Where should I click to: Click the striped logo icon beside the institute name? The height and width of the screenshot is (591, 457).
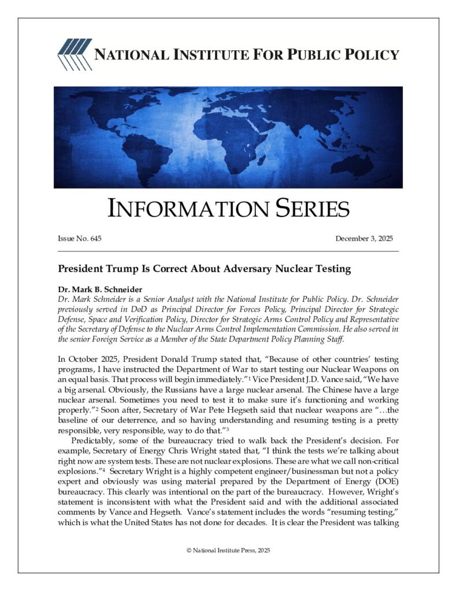click(x=74, y=55)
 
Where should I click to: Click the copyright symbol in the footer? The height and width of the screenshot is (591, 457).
click(x=188, y=550)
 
